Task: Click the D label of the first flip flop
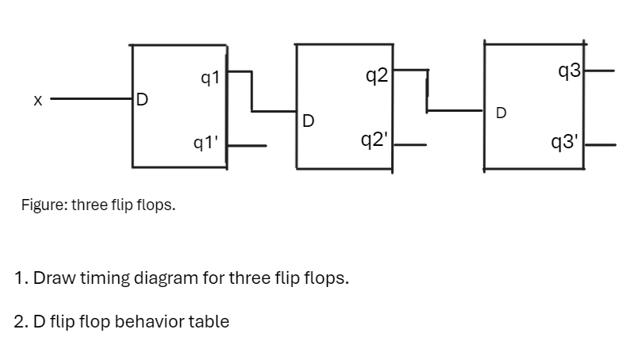(141, 100)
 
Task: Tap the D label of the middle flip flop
(309, 121)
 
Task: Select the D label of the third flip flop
(502, 113)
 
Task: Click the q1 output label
(211, 78)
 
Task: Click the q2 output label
(376, 76)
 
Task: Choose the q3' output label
(569, 143)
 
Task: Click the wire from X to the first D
(91, 100)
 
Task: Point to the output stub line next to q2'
(411, 146)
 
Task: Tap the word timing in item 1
(103, 279)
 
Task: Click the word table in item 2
(209, 321)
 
